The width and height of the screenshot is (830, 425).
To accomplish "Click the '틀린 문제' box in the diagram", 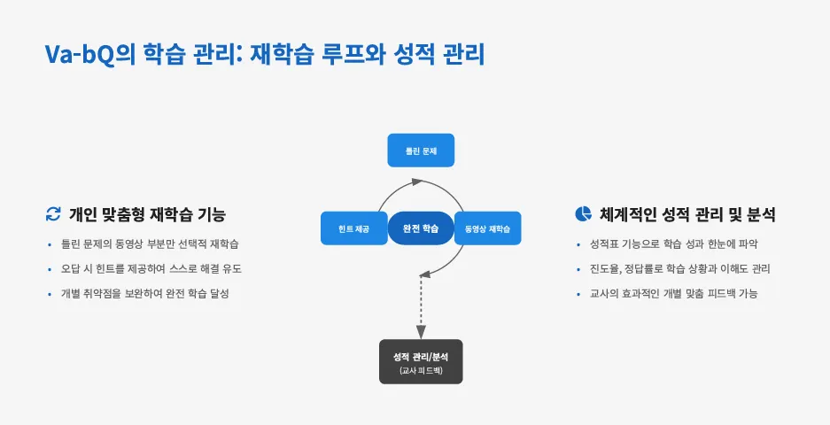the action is pos(421,151).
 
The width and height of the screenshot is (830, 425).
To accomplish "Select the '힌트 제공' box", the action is pos(353,228).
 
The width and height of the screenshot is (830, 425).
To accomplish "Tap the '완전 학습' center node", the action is pos(421,228).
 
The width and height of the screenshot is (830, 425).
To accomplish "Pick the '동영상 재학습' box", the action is pos(487,228).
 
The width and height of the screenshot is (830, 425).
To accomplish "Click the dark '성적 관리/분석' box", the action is pos(421,361).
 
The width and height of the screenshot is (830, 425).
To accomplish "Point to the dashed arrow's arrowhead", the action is pos(421,330).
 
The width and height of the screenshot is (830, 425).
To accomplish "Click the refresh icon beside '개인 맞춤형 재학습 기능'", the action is pos(53,214).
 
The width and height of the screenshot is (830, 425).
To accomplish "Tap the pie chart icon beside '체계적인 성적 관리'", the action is pos(583,213).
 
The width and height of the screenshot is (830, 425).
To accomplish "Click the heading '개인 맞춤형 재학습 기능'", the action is pos(147,214).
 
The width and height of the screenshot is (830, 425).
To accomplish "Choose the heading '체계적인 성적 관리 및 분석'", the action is pos(687,214).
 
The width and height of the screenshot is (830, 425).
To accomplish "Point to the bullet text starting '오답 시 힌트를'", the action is pos(151,268).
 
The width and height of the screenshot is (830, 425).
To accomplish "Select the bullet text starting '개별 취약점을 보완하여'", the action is pos(144,293).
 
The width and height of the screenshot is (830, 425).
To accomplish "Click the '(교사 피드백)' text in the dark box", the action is pos(421,369).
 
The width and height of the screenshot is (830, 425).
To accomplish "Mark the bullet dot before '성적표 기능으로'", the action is pos(580,244).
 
